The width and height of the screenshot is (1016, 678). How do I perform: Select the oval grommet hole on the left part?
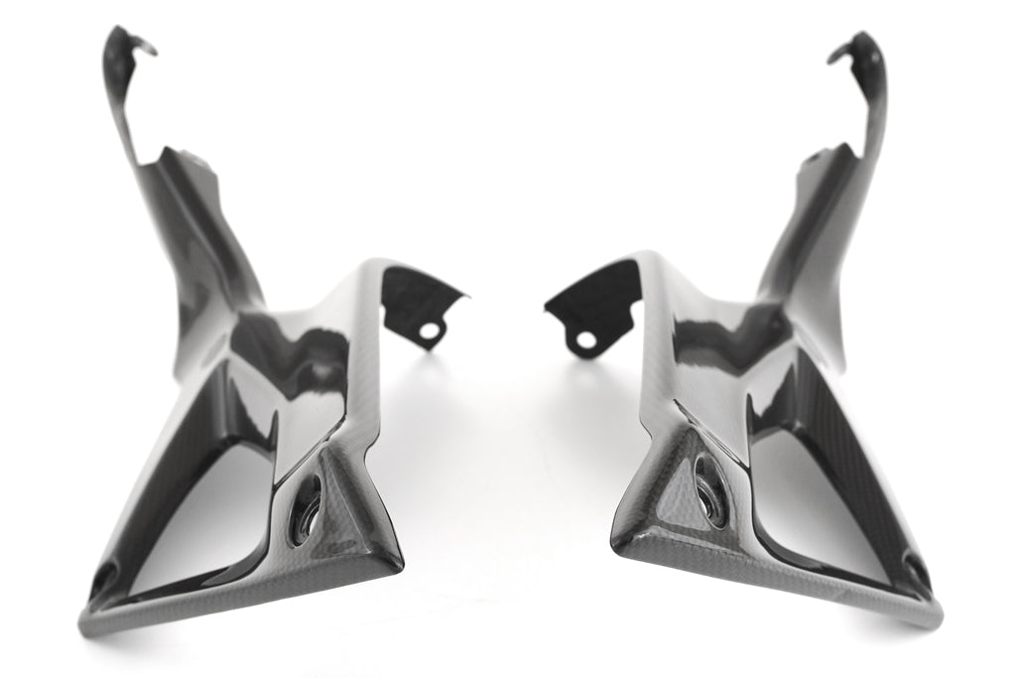click(x=308, y=502)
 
